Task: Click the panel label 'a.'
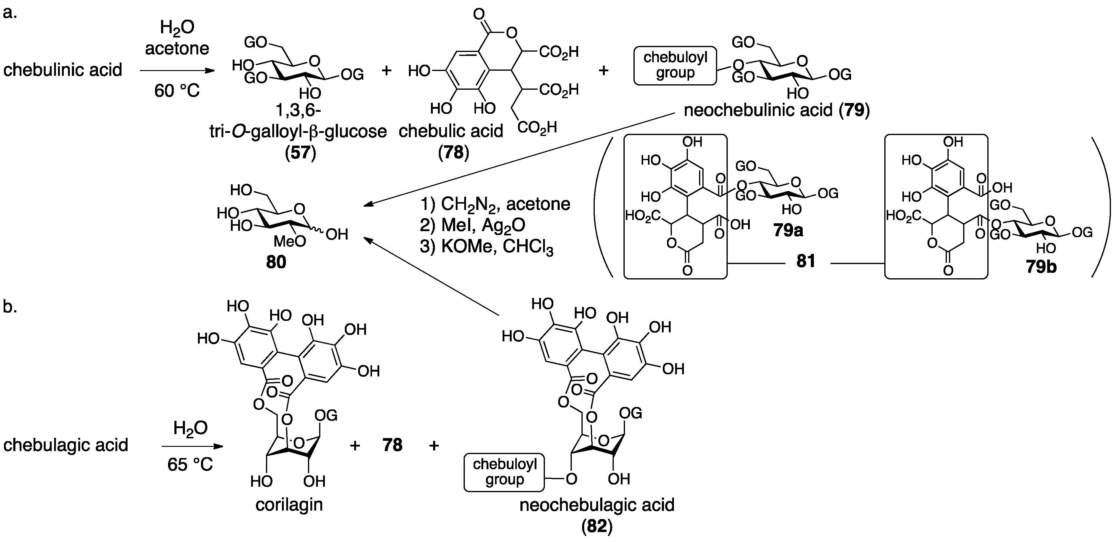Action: point(10,13)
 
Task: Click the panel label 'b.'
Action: point(10,307)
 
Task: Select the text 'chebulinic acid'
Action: point(63,70)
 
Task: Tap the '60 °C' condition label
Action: point(177,91)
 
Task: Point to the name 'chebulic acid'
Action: point(451,131)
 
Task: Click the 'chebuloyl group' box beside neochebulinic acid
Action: point(675,66)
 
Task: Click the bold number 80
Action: point(276,262)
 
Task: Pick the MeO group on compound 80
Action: point(290,241)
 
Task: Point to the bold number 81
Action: point(806,261)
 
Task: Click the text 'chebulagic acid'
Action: point(66,445)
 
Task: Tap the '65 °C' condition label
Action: point(190,464)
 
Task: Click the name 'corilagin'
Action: point(289,504)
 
